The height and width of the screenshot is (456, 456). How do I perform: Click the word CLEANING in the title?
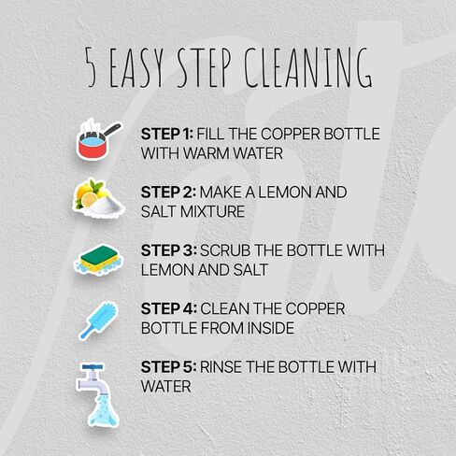[307, 67]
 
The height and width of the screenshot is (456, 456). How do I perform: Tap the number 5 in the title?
[91, 67]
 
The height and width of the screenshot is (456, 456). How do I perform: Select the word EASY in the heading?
[136, 67]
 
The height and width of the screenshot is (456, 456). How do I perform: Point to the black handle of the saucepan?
[112, 130]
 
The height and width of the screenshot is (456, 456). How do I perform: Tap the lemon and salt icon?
[99, 198]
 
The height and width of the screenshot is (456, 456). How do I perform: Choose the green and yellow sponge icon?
[99, 260]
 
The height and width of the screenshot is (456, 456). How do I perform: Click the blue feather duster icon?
[98, 321]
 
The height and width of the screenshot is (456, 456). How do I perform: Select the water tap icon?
[96, 395]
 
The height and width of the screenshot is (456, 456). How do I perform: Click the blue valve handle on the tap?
[93, 367]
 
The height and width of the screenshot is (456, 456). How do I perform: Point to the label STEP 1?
[167, 134]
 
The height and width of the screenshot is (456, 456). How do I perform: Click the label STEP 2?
[168, 192]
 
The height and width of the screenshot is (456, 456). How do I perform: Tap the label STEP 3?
[169, 250]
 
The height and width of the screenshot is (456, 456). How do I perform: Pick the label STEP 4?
[169, 308]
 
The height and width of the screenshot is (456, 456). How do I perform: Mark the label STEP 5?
[168, 367]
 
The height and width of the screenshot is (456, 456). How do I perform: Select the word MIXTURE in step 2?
[213, 211]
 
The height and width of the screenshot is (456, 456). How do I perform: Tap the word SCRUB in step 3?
[225, 250]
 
